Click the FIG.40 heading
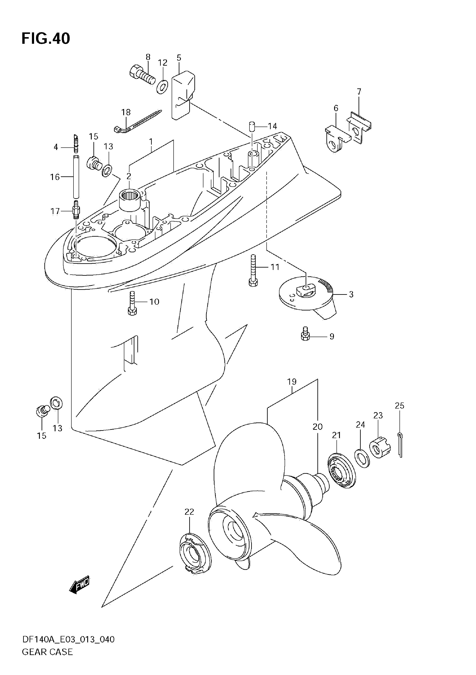(46, 38)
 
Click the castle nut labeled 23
(380, 447)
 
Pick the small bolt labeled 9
(305, 334)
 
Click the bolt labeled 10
(132, 303)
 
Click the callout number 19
(292, 382)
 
